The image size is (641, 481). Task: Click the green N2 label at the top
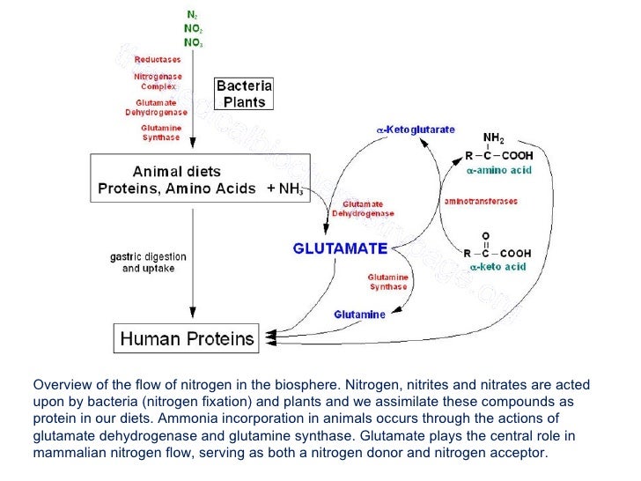click(x=191, y=15)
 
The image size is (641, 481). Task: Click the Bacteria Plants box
click(x=245, y=93)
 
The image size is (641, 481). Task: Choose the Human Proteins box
click(x=187, y=338)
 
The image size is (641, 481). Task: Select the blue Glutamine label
click(x=359, y=314)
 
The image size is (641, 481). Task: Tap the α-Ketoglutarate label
click(x=416, y=130)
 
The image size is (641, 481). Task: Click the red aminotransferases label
click(x=481, y=201)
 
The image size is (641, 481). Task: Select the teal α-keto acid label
click(x=497, y=266)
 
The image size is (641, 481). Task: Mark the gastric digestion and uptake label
click(x=148, y=263)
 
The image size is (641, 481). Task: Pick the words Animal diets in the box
click(x=176, y=171)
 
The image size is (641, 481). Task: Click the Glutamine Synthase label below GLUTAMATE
click(x=387, y=281)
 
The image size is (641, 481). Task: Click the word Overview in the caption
click(x=61, y=385)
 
